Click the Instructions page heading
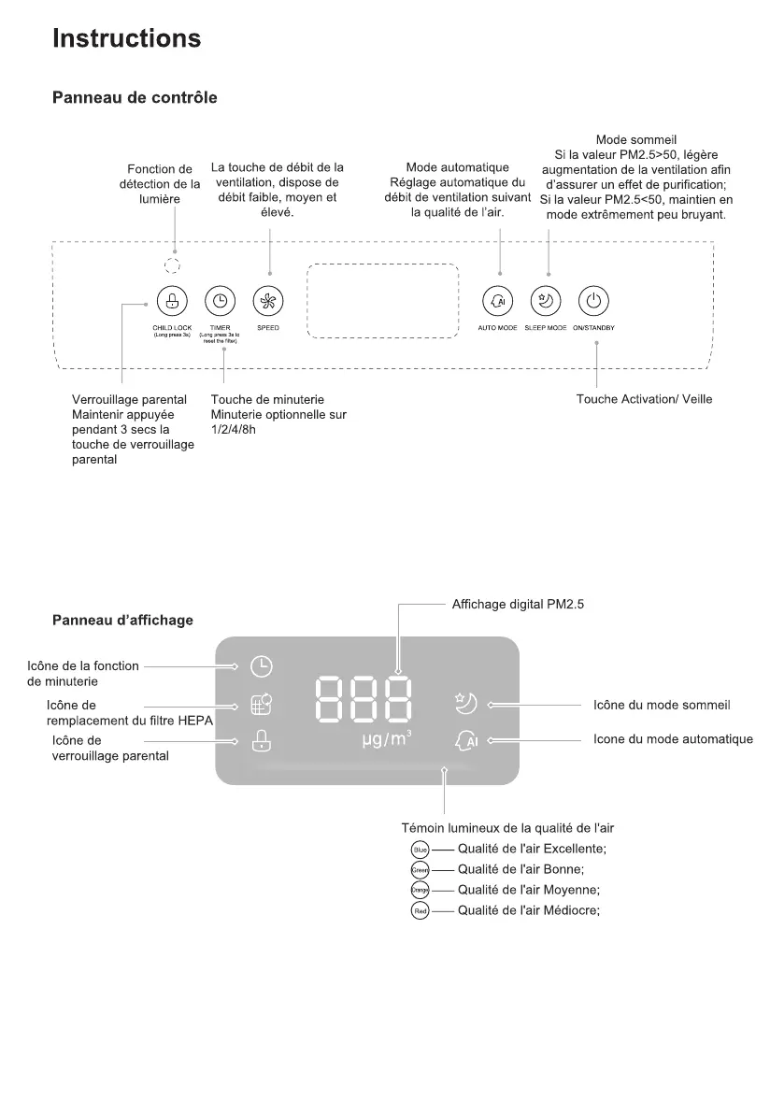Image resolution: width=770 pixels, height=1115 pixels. (126, 38)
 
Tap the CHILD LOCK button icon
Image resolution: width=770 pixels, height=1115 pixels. (172, 301)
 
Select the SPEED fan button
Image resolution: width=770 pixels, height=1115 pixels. (269, 301)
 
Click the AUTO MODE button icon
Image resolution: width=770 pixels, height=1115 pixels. (497, 301)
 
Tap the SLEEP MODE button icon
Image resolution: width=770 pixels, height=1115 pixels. (545, 301)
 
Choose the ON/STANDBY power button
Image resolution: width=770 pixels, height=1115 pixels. (594, 301)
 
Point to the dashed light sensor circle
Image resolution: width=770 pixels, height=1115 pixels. (173, 264)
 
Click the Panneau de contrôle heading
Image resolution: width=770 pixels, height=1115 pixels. (135, 97)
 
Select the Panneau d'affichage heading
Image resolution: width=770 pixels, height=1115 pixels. (122, 621)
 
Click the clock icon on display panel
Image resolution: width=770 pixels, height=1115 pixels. (263, 666)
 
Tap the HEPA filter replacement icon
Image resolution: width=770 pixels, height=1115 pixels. (263, 704)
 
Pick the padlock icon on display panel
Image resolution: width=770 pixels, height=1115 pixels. (263, 740)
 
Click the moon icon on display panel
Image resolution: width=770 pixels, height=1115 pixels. (466, 703)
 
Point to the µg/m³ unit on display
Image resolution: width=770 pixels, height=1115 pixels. (387, 740)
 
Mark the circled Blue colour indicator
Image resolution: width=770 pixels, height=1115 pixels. (420, 850)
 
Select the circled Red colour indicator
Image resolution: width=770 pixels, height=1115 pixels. (420, 911)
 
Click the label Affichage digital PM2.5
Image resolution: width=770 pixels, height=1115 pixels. (518, 605)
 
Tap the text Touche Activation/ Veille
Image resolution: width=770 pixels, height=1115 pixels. (644, 400)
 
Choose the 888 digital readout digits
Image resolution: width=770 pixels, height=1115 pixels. (365, 699)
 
